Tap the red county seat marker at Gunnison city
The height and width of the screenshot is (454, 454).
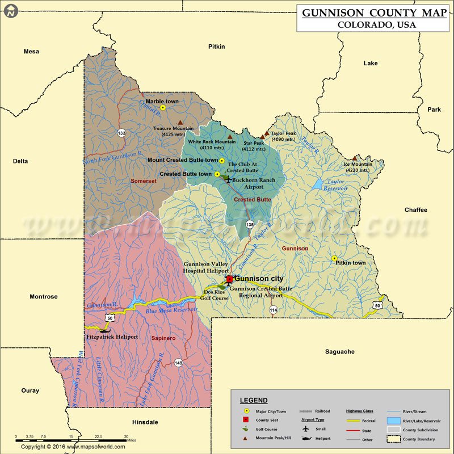point(229,279)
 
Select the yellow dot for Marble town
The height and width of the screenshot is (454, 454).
point(163,107)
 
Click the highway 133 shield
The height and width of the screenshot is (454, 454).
point(121,133)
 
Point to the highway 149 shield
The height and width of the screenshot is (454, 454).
point(178,363)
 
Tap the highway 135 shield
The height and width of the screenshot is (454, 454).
point(250,225)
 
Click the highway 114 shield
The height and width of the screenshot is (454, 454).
point(274,310)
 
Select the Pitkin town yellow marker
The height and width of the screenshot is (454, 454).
point(334,258)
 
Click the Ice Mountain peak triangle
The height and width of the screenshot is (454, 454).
point(355,158)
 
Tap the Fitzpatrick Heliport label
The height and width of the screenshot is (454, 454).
point(112,337)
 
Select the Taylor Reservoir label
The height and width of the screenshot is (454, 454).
point(337,185)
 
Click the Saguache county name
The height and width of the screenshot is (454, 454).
point(340,351)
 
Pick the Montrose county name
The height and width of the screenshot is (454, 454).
point(44,296)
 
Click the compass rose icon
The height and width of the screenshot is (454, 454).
point(10,10)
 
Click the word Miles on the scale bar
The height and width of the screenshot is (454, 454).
point(131,440)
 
